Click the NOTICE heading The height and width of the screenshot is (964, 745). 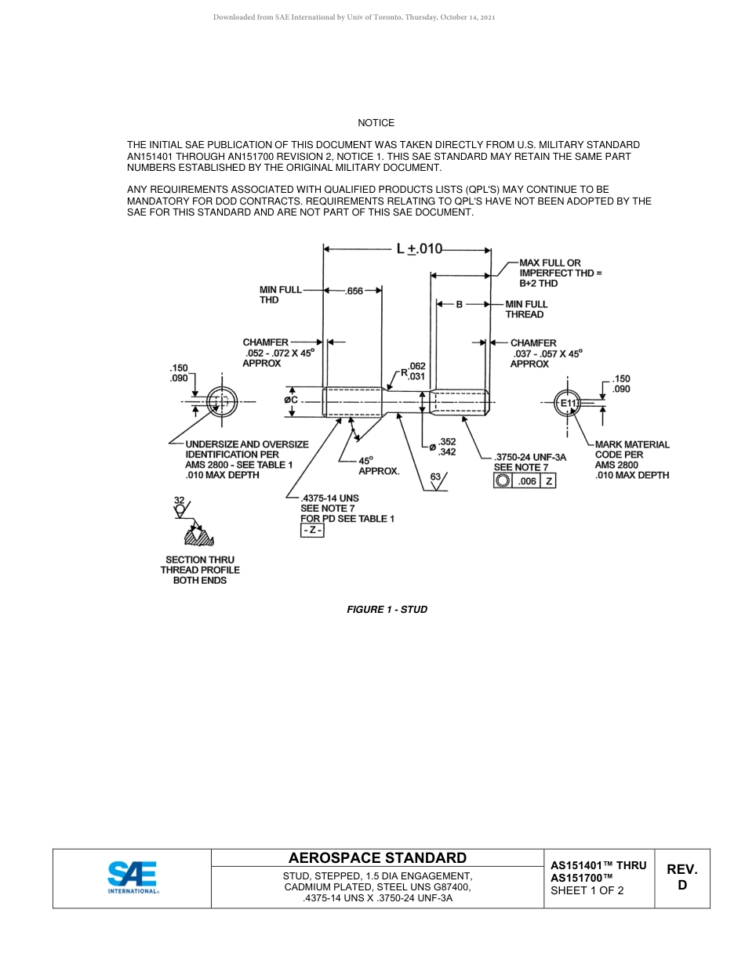376,123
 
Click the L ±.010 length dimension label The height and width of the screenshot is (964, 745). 419,249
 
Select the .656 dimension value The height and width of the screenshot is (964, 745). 354,291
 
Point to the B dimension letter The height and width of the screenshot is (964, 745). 460,304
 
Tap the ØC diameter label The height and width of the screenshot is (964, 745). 291,400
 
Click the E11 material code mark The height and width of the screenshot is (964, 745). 568,403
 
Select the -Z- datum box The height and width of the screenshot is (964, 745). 312,531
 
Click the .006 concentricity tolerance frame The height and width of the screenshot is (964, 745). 524,481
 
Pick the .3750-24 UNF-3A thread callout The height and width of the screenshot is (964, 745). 530,457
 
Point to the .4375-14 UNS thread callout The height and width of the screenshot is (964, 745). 330,498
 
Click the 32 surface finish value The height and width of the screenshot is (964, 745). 179,500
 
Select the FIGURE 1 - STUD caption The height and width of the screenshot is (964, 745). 387,609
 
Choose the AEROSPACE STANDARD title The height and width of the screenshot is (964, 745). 377,858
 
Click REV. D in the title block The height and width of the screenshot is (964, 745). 681,877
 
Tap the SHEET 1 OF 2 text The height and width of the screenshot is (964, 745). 587,890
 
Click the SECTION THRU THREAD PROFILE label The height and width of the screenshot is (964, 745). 200,570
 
